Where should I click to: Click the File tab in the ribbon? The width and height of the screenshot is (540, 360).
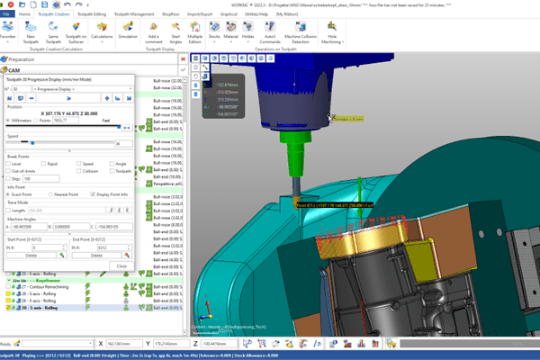(6, 15)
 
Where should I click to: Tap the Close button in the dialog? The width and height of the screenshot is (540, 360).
(121, 266)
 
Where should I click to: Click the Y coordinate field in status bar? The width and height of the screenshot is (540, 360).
(180, 344)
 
